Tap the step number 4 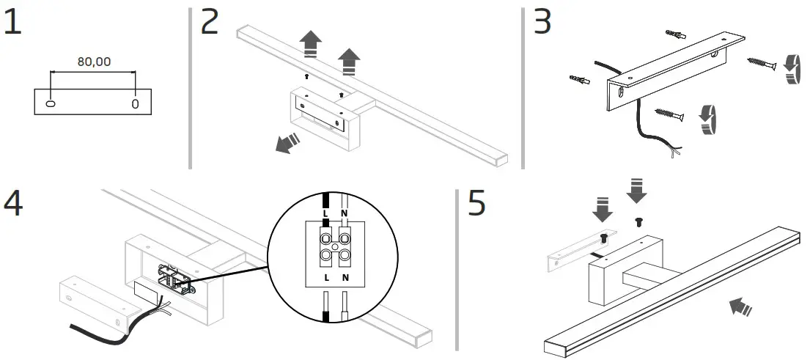click(13, 203)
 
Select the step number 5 click(477, 203)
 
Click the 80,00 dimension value click(94, 62)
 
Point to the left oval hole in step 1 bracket click(51, 103)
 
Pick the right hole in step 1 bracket click(135, 103)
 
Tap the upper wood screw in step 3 click(762, 65)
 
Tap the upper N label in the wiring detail click(344, 213)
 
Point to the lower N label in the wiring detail click(345, 279)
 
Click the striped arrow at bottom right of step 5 click(740, 307)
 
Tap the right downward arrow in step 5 click(637, 189)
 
